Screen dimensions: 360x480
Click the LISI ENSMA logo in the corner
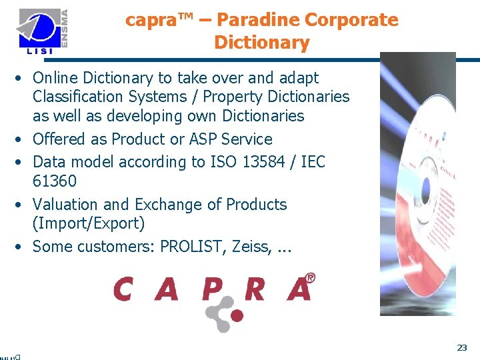click(x=44, y=31)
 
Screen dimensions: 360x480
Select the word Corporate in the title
click(x=356, y=20)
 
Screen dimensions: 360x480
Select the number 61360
click(x=55, y=181)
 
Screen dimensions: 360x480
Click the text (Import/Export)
click(x=89, y=223)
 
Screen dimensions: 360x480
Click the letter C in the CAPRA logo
click(x=123, y=289)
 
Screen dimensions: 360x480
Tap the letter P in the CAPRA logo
click(x=213, y=289)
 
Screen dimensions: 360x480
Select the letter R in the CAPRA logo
click(x=255, y=289)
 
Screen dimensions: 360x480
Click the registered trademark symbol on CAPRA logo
click(x=309, y=277)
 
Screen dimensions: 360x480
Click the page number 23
click(x=461, y=347)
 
